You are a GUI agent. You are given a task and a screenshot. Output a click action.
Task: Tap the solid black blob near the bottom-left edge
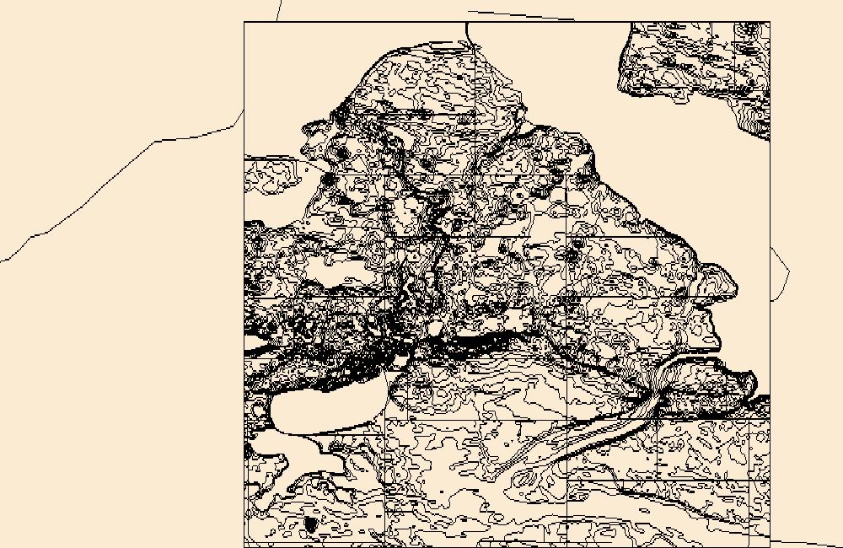(x=309, y=524)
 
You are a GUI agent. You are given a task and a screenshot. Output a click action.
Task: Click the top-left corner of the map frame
(x=244, y=23)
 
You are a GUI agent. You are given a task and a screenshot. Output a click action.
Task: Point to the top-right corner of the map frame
(x=770, y=23)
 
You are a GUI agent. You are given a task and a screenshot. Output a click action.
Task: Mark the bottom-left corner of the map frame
(x=244, y=546)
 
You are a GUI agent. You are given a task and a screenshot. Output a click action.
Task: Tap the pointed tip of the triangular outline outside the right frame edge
(x=788, y=271)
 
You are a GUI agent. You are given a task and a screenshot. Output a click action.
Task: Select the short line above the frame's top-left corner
(x=279, y=10)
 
